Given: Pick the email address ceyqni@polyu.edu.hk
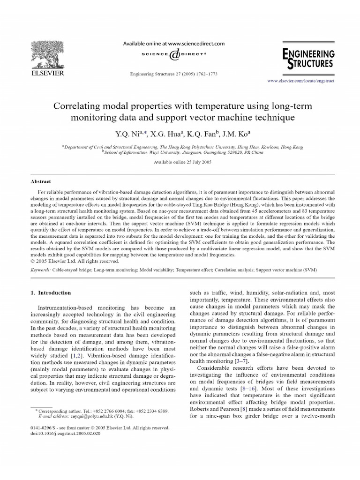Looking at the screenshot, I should [91, 416].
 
